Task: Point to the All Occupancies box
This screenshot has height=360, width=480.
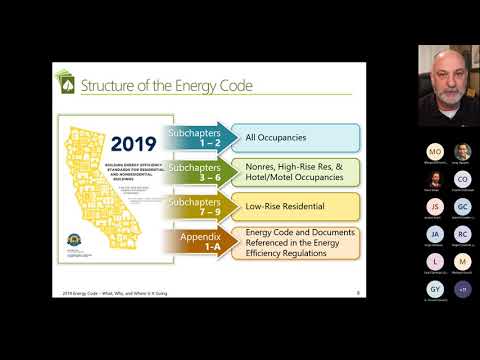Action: [288, 138]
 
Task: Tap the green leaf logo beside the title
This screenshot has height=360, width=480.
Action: [64, 82]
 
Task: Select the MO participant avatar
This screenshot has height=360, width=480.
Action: [434, 151]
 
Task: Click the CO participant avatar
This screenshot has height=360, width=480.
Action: [462, 179]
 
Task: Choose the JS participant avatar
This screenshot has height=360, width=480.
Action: [434, 207]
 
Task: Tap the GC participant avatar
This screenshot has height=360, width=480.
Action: [462, 207]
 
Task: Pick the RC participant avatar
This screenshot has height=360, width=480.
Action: [462, 235]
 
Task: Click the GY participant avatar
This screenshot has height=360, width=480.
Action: [434, 290]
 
